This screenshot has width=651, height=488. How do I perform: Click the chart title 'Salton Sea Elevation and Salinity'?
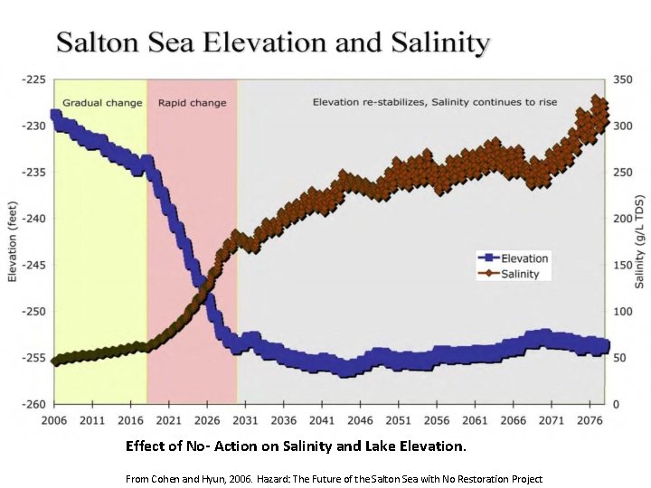click(273, 42)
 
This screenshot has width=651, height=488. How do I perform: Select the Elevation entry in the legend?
click(524, 258)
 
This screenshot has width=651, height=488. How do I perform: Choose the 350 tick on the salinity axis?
click(624, 80)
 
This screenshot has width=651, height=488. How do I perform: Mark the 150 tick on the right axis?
click(624, 265)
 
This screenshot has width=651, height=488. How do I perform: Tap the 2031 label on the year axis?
click(247, 420)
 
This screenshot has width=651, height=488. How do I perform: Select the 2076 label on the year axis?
click(590, 420)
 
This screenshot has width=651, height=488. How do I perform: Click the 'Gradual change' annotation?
click(102, 103)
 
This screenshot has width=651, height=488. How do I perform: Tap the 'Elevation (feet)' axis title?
click(13, 241)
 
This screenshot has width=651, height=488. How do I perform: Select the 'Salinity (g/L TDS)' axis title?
click(639, 241)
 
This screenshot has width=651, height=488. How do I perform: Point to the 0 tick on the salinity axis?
click(618, 404)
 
